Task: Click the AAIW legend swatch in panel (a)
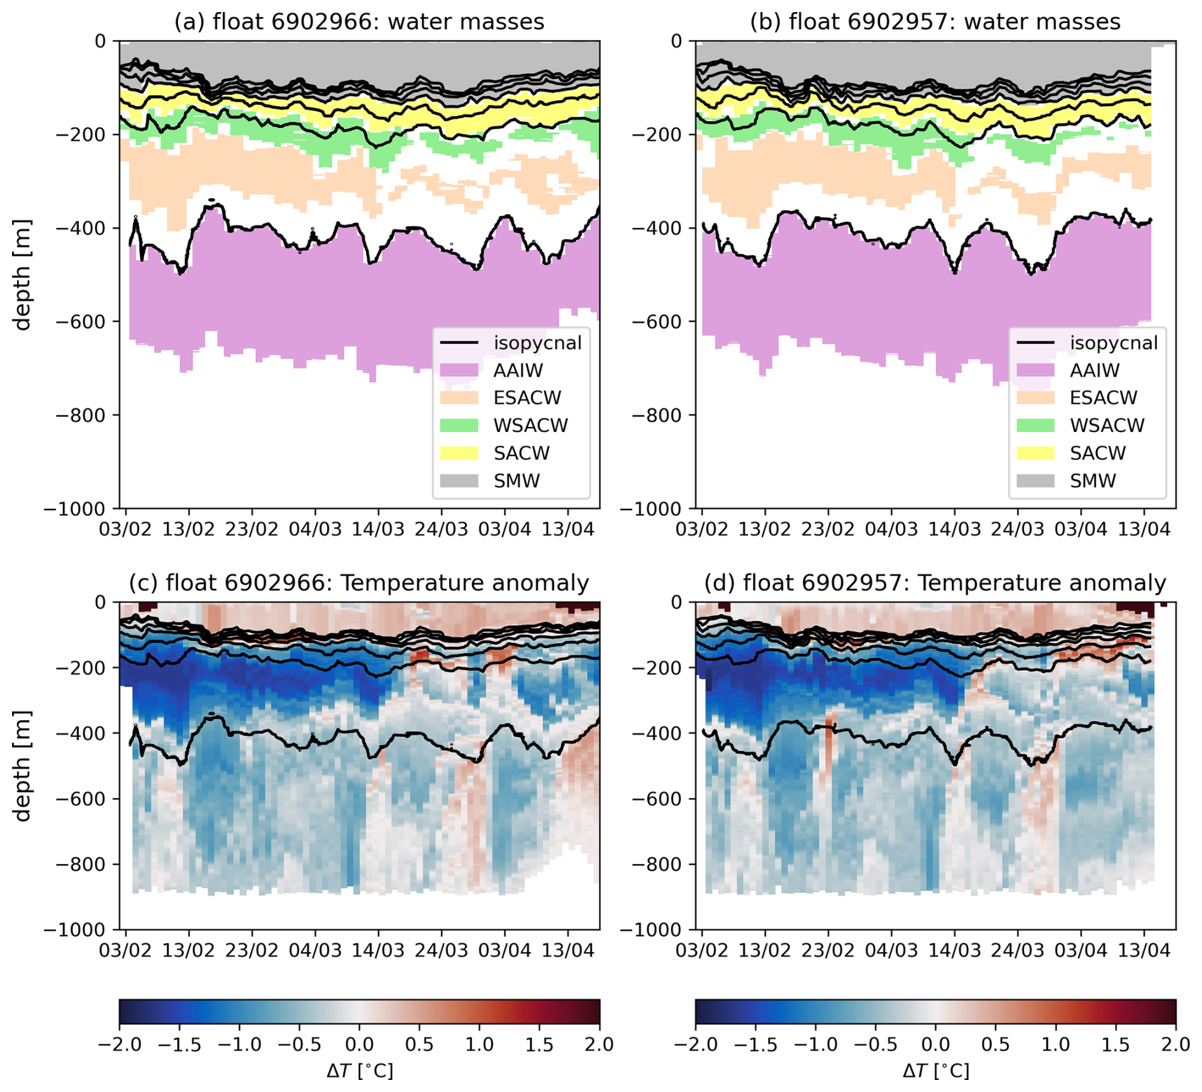click(x=459, y=370)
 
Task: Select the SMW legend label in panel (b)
click(x=1093, y=481)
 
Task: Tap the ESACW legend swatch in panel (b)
click(x=1035, y=398)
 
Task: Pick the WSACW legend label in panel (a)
click(x=530, y=426)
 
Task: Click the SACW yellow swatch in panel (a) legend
click(x=459, y=453)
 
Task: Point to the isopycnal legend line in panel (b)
click(x=1035, y=343)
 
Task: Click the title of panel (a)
click(x=359, y=22)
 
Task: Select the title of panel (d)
click(x=935, y=583)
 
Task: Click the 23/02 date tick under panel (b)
click(x=828, y=529)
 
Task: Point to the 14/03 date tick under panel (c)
click(x=378, y=950)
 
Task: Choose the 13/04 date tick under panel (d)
click(x=1144, y=950)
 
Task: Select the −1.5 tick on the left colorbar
click(x=179, y=1044)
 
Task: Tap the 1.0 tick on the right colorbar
click(x=1055, y=1044)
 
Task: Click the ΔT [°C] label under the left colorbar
click(x=360, y=1071)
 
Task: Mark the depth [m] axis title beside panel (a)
click(x=23, y=274)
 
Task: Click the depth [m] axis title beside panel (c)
click(x=23, y=765)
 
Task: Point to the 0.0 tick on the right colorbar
click(x=935, y=1044)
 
